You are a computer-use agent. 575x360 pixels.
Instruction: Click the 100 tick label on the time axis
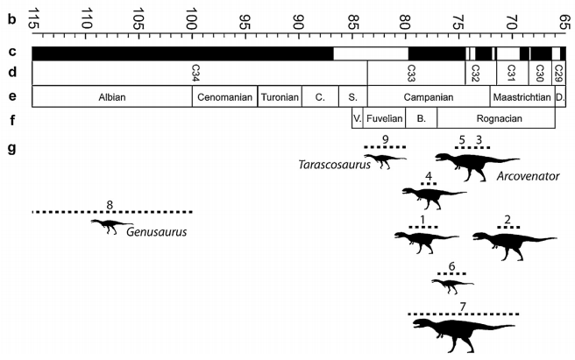193,17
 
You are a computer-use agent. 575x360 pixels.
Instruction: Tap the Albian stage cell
112,96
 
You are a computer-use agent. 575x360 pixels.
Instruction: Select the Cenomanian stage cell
224,96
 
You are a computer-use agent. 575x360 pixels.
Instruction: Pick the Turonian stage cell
280,96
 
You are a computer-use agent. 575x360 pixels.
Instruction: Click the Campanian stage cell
428,96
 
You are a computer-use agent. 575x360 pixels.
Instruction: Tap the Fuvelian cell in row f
384,118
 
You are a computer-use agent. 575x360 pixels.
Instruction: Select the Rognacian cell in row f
495,118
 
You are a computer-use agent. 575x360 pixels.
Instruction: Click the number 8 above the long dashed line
110,206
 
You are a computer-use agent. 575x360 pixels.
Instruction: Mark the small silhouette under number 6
452,284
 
